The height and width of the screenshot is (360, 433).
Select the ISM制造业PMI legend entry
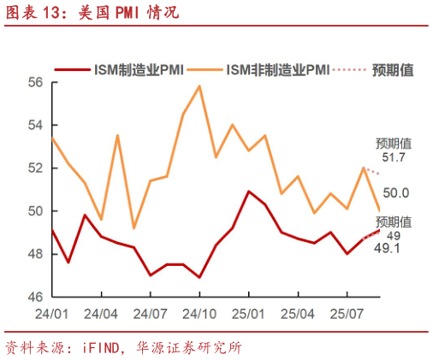pos(124,68)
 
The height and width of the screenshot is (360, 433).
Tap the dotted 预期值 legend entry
pos(377,68)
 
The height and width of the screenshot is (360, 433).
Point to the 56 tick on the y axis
pos(35,83)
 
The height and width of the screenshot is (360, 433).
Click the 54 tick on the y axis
pos(35,126)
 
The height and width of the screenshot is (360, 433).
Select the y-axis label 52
pos(35,168)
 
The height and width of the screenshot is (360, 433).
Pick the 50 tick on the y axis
pos(35,211)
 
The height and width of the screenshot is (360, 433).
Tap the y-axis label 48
pos(35,254)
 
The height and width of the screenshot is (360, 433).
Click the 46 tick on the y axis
pos(35,297)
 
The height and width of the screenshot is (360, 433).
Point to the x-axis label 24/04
pos(103,314)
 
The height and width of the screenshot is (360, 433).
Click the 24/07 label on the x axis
pos(151,314)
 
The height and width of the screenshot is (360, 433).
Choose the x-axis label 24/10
pos(199,314)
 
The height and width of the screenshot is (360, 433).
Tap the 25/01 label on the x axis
pos(248,314)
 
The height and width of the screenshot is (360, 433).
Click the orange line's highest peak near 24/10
pos(199,86)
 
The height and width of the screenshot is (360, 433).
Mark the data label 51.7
pos(394,158)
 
